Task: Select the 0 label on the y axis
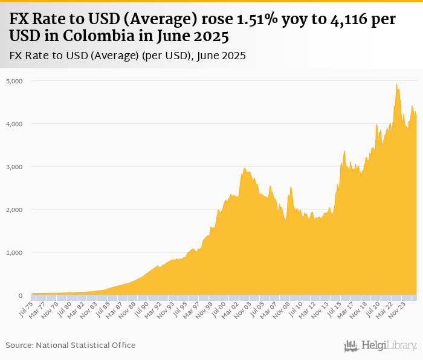click(x=20, y=296)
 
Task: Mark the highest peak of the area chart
click(x=396, y=83)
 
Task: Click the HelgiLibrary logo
click(x=381, y=346)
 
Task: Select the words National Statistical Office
click(x=85, y=345)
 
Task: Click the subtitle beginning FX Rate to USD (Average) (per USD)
click(x=128, y=56)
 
